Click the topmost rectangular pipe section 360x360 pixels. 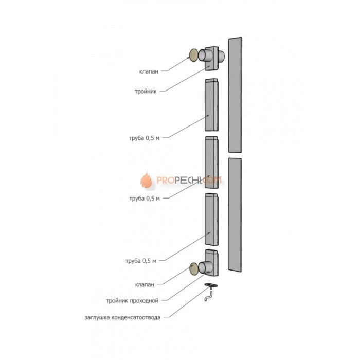pyautogui.click(x=211, y=106)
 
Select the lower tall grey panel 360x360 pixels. pyautogui.click(x=235, y=215)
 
